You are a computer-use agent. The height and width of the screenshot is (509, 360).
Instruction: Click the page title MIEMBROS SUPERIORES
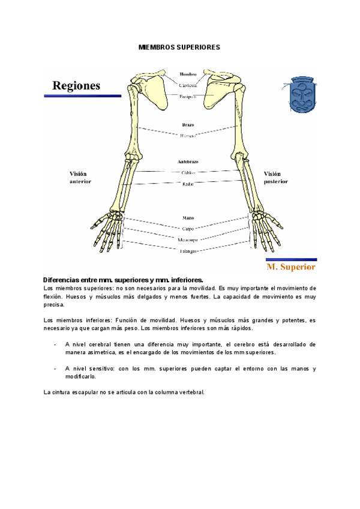pos(179,46)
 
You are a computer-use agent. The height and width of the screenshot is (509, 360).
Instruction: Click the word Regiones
pos(76,86)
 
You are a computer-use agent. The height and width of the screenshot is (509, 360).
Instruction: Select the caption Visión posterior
pos(275,177)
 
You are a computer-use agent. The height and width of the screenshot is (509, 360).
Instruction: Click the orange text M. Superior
pos(290,265)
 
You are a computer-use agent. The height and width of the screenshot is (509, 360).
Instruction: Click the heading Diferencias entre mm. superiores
pos(124,280)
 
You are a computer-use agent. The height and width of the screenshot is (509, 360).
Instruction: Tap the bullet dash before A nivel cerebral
pos(55,345)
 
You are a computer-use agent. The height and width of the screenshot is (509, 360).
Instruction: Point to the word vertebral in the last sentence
pos(191,392)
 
